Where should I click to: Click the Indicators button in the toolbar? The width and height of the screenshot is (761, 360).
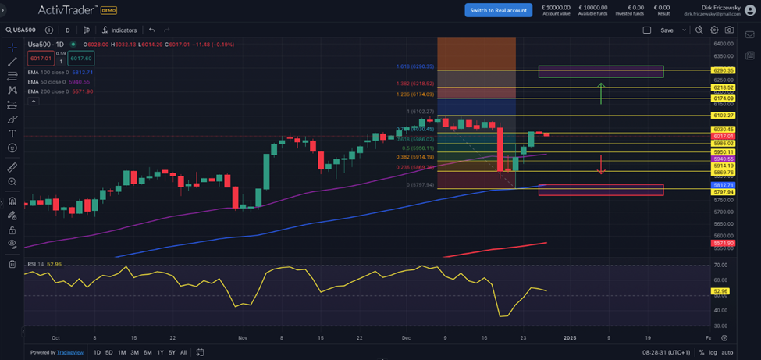[x=119, y=30]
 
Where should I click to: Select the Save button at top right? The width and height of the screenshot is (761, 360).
[x=667, y=30]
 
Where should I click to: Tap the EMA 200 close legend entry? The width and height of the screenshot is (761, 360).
[x=60, y=91]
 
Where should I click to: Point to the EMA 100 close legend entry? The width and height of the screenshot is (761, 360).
[x=60, y=72]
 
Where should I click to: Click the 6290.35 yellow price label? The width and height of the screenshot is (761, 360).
[x=723, y=71]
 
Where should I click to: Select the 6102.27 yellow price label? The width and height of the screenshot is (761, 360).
[x=723, y=116]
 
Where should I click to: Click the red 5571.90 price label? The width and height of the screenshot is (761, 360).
[x=723, y=244]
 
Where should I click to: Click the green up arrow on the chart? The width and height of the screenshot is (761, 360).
[x=600, y=92]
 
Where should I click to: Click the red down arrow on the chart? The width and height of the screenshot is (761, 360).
[x=600, y=166]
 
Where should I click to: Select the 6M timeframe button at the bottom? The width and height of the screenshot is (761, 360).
[x=148, y=352]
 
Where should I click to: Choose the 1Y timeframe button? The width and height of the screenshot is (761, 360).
[x=160, y=352]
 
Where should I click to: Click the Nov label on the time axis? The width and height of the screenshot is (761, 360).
[x=242, y=338]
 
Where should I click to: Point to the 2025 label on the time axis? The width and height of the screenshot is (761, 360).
[x=570, y=338]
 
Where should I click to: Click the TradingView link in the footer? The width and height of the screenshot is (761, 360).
[x=70, y=352]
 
